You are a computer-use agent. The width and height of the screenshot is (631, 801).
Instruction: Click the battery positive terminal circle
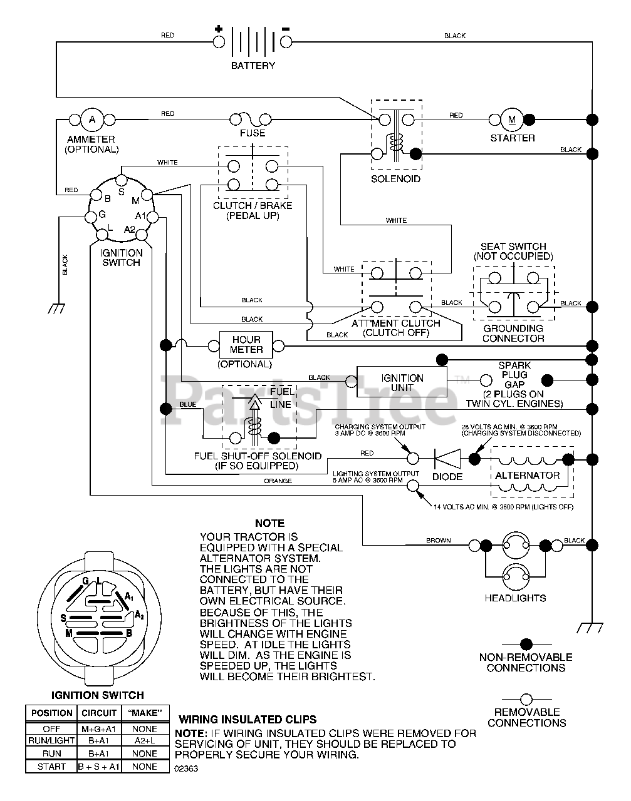pyautogui.click(x=219, y=42)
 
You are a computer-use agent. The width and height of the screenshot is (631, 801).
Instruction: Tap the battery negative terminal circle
pyautogui.click(x=286, y=42)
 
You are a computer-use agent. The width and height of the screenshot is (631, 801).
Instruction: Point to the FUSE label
pyautogui.click(x=253, y=133)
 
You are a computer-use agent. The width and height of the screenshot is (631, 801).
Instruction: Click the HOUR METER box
pyautogui.click(x=246, y=345)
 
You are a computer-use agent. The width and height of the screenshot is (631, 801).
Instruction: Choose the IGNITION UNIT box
pyautogui.click(x=402, y=383)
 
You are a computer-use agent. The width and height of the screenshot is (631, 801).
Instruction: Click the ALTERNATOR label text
pyautogui.click(x=527, y=475)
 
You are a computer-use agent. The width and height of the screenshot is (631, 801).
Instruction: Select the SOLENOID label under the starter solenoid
pyautogui.click(x=395, y=179)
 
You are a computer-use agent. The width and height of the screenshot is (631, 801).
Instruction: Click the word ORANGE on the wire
pyautogui.click(x=278, y=481)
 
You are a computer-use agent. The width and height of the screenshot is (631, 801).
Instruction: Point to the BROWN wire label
pyautogui.click(x=438, y=540)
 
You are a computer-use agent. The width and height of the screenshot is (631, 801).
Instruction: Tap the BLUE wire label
pyautogui.click(x=187, y=404)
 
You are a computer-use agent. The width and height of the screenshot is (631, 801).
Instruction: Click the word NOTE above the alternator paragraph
pyautogui.click(x=269, y=523)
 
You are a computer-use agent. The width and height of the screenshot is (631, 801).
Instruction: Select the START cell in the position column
pyautogui.click(x=51, y=766)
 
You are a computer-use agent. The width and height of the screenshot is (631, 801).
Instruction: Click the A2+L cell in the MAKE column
pyautogui.click(x=145, y=740)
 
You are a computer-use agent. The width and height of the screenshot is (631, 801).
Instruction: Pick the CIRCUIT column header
pyautogui.click(x=99, y=713)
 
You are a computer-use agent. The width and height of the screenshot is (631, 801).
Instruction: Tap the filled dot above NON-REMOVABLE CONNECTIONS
pyautogui.click(x=526, y=643)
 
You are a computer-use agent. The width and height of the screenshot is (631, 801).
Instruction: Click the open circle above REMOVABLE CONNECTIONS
pyautogui.click(x=526, y=699)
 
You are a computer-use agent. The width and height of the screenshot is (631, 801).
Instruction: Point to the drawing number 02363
pyautogui.click(x=186, y=769)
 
